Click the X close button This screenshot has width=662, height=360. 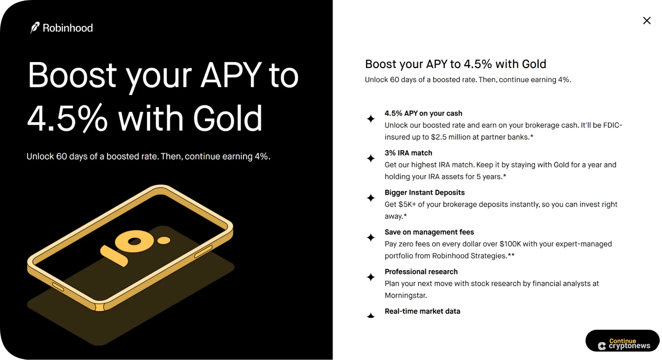pos(646,21)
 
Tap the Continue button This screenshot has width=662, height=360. pos(622,341)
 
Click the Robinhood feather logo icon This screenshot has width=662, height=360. pos(35,28)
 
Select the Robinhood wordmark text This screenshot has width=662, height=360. pos(68,28)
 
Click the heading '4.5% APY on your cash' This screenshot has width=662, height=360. pos(423,113)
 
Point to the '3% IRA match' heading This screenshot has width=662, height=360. pos(408,153)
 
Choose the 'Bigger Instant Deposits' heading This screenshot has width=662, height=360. pos(425,192)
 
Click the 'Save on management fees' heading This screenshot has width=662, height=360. pos(429,232)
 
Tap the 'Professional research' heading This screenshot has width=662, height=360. pos(421,272)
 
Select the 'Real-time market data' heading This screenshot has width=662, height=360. pos(422,311)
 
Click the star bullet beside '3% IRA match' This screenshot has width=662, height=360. pos(371,158)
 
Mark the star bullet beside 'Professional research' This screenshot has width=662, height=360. pos(371,277)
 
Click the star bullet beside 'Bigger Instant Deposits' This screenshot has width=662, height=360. pos(371,198)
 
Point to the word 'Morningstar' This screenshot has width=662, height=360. pos(405,295)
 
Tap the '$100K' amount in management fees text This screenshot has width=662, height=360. pos(510,244)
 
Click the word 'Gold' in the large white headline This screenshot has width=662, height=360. pos(228,118)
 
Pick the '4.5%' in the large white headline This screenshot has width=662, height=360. pos(68,118)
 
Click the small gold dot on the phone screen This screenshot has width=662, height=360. pos(164,240)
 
